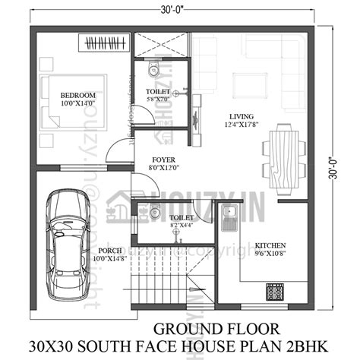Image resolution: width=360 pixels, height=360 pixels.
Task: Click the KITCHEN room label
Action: coord(270,245)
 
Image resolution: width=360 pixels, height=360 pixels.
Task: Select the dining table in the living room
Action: coord(283,157)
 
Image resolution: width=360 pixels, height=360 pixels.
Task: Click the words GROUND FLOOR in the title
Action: coord(199,328)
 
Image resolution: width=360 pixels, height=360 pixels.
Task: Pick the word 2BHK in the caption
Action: coord(318,347)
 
